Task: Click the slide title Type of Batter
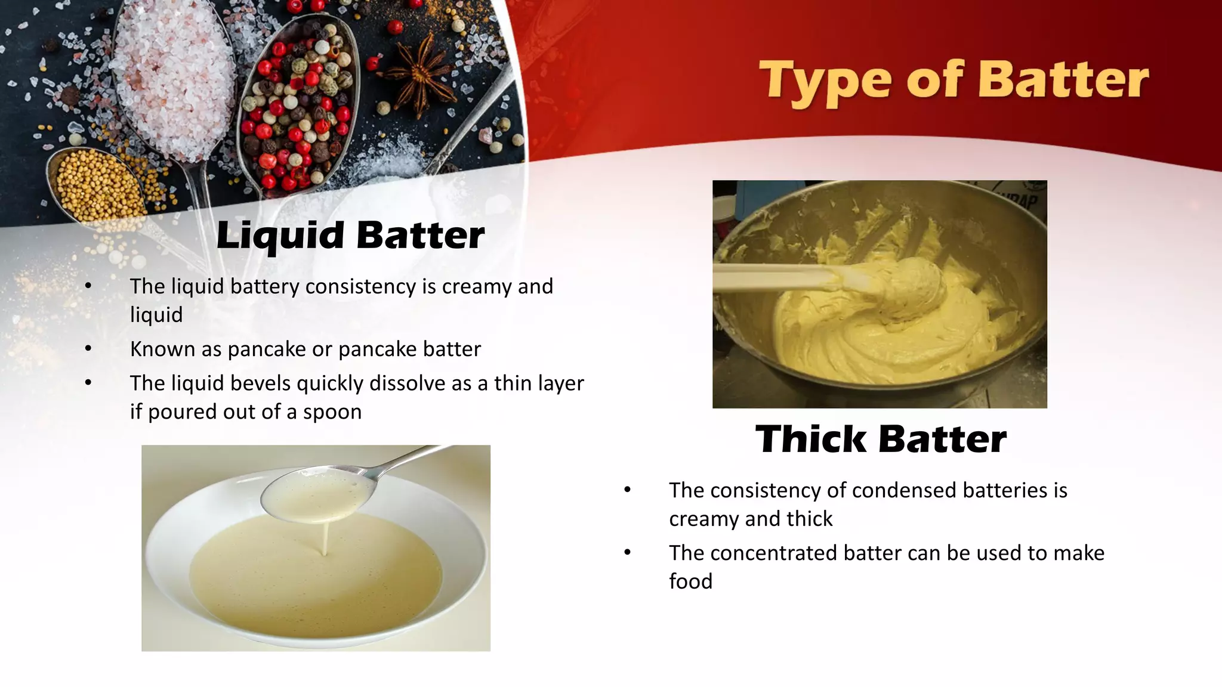pos(953,82)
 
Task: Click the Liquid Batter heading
pos(350,235)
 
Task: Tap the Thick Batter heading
pos(881,440)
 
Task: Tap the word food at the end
pos(690,581)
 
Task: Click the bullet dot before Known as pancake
pos(88,348)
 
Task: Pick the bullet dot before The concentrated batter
pos(627,553)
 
